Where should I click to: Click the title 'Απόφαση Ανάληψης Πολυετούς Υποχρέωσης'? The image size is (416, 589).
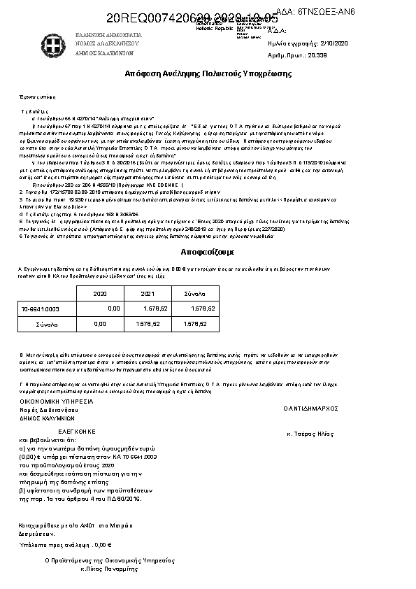coord(208,73)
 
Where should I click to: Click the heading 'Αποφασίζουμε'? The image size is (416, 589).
coord(208,250)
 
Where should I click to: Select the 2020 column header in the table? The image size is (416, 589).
coord(100,294)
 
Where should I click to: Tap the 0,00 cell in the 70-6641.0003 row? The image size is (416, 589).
coord(114,308)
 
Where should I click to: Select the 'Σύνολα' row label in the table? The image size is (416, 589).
coord(48,325)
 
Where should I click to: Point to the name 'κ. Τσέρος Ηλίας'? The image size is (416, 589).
coord(309,434)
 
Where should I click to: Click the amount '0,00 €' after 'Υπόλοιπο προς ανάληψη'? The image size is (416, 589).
coord(103,544)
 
